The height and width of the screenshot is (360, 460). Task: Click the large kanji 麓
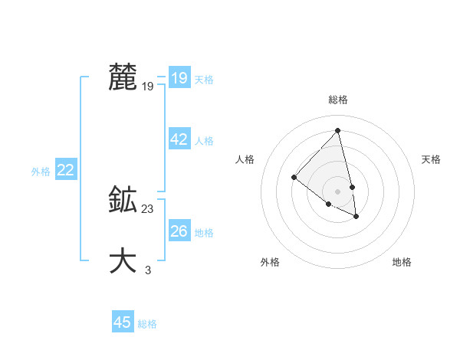(x=123, y=77)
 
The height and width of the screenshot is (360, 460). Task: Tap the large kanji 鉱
(x=123, y=200)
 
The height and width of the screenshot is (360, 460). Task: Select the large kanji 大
(x=123, y=260)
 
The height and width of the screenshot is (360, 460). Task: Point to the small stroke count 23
(x=148, y=209)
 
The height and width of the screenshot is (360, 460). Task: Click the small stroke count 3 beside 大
(x=148, y=270)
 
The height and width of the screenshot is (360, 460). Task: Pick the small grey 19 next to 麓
(x=148, y=87)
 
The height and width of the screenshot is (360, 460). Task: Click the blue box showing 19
(x=179, y=78)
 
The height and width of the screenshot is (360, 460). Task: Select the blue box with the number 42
(x=179, y=139)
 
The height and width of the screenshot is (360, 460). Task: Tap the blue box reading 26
(x=179, y=231)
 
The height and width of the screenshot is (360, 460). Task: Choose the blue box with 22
(x=65, y=170)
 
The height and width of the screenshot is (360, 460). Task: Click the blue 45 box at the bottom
(x=123, y=322)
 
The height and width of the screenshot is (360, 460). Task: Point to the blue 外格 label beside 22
(x=41, y=172)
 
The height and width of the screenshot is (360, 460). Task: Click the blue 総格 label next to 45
(x=147, y=324)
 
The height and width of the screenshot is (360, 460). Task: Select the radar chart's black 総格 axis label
(x=337, y=100)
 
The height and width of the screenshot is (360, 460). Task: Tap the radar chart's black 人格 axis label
(x=245, y=159)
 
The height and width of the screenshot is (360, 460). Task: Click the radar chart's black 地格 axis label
(x=402, y=263)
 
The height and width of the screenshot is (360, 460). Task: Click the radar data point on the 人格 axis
(x=294, y=178)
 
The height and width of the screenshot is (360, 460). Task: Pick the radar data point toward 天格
(x=352, y=187)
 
